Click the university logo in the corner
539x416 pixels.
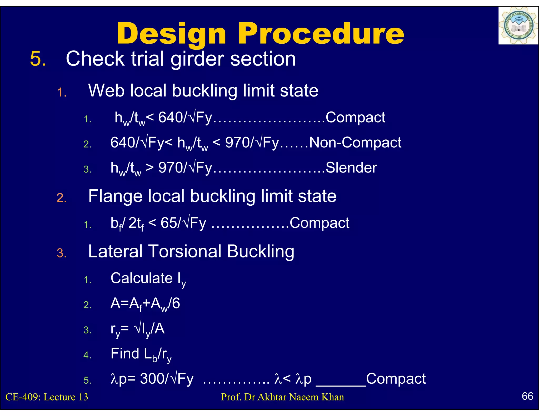[x=518, y=26]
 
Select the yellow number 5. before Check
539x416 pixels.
[x=38, y=59]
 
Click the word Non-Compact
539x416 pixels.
[x=355, y=143]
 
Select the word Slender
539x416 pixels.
[x=351, y=168]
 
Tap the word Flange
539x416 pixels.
[x=115, y=196]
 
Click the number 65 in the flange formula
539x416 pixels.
[x=169, y=223]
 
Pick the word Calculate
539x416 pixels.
[x=142, y=278]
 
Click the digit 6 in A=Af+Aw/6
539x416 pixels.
[x=176, y=303]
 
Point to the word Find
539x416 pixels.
[x=125, y=353]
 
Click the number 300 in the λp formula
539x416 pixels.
[x=152, y=379]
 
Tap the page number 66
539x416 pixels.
[x=527, y=396]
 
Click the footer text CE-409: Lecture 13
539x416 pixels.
[x=47, y=397]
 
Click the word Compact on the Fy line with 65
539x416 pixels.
[x=319, y=223]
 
